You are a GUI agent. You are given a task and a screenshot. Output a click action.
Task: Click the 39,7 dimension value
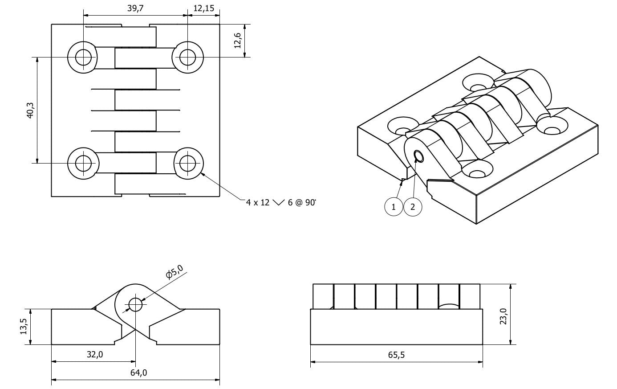(x=135, y=8)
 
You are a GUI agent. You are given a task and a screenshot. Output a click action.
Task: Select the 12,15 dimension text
(x=203, y=8)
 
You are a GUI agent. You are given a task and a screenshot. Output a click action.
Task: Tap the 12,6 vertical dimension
(x=238, y=41)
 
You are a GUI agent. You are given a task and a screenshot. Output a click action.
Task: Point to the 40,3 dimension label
(x=30, y=111)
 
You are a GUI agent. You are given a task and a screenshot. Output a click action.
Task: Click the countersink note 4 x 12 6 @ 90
(x=280, y=202)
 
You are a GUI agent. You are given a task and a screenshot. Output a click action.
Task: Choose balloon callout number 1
(x=394, y=207)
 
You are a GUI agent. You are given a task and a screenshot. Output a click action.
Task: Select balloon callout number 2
(x=413, y=207)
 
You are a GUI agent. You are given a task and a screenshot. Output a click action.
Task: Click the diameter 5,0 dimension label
(x=174, y=271)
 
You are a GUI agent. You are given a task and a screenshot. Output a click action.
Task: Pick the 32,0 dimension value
(x=94, y=355)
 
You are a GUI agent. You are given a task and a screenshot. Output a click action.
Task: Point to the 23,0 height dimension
(x=503, y=314)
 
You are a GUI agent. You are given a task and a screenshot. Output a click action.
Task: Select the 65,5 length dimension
(x=396, y=355)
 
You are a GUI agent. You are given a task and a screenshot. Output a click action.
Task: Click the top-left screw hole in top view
(x=83, y=57)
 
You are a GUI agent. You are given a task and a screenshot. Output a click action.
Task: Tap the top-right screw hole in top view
(x=188, y=57)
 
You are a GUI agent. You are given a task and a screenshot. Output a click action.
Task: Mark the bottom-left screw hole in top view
(x=83, y=163)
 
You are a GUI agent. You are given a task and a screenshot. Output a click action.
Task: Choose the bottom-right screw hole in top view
(x=188, y=163)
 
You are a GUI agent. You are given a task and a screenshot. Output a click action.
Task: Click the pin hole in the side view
(x=135, y=305)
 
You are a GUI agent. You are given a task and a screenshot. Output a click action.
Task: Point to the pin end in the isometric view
(x=419, y=156)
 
